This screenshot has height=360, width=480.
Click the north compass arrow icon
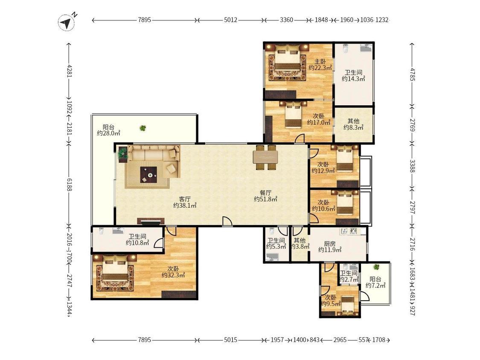[67, 22]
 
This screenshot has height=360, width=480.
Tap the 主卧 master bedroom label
[320, 61]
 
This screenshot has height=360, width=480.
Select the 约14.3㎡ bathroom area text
[353, 79]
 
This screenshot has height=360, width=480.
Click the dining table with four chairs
[265, 157]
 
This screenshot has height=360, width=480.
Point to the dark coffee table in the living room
[148, 175]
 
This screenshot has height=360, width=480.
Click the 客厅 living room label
[185, 199]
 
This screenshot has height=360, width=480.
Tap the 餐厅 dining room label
[265, 193]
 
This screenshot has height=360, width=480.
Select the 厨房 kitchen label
[330, 244]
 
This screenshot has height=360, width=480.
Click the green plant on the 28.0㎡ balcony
[143, 128]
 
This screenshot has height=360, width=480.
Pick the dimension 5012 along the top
[230, 20]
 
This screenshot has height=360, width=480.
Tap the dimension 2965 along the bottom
[340, 340]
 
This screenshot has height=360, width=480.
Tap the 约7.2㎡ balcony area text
[375, 286]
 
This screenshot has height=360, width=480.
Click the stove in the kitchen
[353, 231]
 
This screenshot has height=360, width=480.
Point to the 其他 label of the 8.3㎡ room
[353, 121]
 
